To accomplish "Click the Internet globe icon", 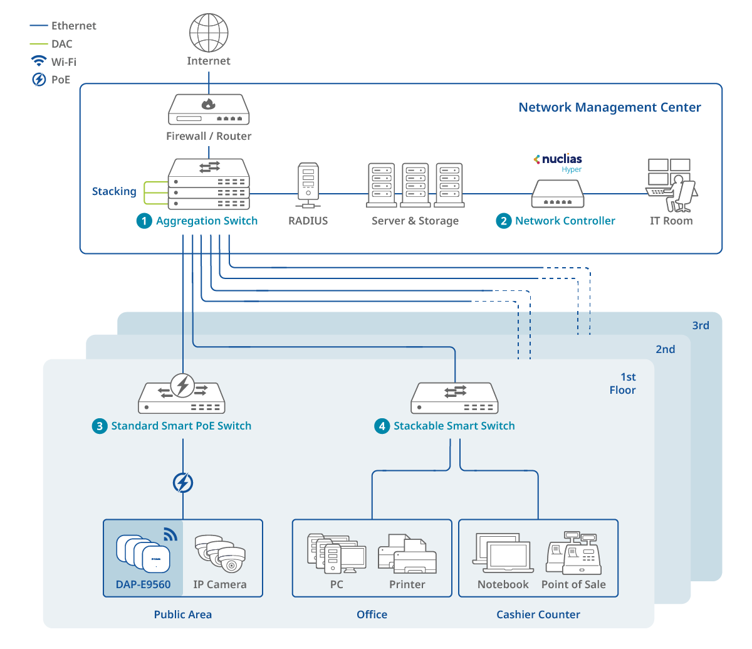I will pos(209,33).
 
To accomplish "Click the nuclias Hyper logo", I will pos(558,162).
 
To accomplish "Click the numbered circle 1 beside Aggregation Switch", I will pos(144,221).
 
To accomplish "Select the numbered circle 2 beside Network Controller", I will pos(504,221).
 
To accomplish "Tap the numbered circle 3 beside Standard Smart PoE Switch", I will pos(100,426).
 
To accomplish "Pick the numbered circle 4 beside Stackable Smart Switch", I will pos(382,426).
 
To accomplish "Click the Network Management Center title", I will pos(609,107).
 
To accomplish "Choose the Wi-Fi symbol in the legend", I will pos(39,61).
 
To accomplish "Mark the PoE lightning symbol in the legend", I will pos(39,80).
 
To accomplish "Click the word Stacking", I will pos(114,191).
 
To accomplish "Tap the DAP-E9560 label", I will pos(143,584).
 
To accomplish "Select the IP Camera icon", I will pos(220,553).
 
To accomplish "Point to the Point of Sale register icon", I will pos(573,553).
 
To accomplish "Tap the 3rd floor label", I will pos(701,325).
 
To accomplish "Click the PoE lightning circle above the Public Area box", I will pos(183,483).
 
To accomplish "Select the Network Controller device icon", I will pos(558,194).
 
